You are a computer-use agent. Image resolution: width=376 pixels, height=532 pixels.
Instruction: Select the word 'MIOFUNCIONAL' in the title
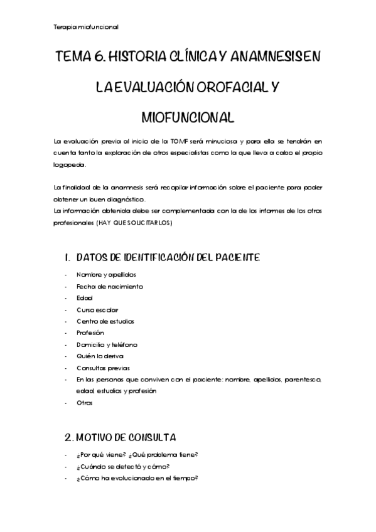click(x=188, y=117)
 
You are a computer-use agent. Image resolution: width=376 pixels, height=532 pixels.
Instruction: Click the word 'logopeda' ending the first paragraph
click(x=68, y=165)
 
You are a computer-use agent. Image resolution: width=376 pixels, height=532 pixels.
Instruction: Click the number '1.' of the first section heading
click(x=68, y=257)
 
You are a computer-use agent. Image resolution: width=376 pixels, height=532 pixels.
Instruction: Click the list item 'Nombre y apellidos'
click(x=105, y=275)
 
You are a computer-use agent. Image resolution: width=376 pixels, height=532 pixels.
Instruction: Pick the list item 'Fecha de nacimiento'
click(x=110, y=287)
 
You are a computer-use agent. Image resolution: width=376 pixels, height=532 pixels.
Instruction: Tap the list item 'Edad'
click(x=85, y=298)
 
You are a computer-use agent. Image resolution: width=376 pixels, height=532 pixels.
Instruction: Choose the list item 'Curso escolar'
click(x=97, y=310)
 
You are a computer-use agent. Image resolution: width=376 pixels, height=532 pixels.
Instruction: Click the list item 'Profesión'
click(x=90, y=333)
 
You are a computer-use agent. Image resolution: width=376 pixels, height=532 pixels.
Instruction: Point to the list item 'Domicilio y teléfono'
click(x=107, y=344)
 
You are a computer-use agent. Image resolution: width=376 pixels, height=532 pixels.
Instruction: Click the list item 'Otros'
click(x=85, y=403)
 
